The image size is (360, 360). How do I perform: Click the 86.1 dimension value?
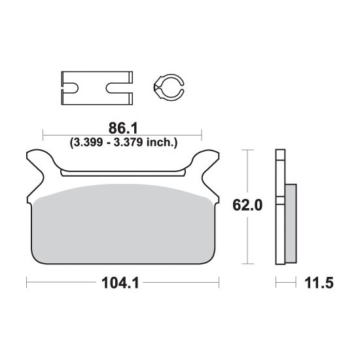(123, 128)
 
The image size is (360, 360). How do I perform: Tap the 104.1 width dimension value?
(120, 283)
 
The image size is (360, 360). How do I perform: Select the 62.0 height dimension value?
(247, 205)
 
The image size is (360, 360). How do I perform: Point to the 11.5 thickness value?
(319, 283)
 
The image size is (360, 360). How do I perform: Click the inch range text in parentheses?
(124, 143)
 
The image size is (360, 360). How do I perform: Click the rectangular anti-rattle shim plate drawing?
(97, 88)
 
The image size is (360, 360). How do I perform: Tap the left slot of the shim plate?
(71, 88)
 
